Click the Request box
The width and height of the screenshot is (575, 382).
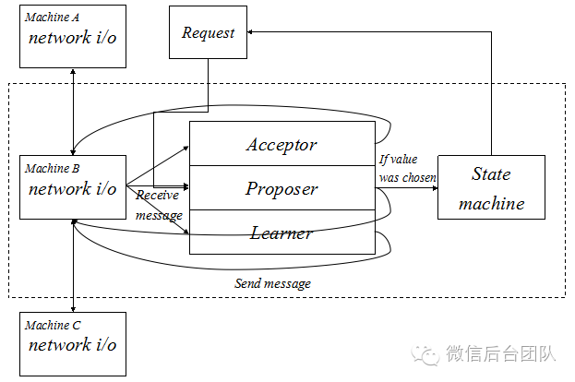coord(208,32)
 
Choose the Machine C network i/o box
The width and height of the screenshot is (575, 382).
coord(72,342)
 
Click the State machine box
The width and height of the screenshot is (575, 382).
coord(491,188)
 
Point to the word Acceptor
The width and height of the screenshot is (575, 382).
coord(282,144)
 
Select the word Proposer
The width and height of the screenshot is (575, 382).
coord(282,188)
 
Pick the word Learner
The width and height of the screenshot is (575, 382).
coord(282,233)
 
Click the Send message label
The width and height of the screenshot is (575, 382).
coord(272,283)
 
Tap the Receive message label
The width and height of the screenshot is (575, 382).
coord(159,205)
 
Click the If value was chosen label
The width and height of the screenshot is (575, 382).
coord(407,168)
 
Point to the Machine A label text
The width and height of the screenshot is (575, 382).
coord(52,18)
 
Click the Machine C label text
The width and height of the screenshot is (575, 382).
coord(52,325)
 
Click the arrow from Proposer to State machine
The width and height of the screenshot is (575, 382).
coord(406,188)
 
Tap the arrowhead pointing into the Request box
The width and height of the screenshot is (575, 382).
coord(250,31)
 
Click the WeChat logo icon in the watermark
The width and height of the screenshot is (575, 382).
coord(427,353)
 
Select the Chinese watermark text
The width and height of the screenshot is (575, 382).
coord(499,353)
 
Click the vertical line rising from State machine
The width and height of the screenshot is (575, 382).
coord(491,92)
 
